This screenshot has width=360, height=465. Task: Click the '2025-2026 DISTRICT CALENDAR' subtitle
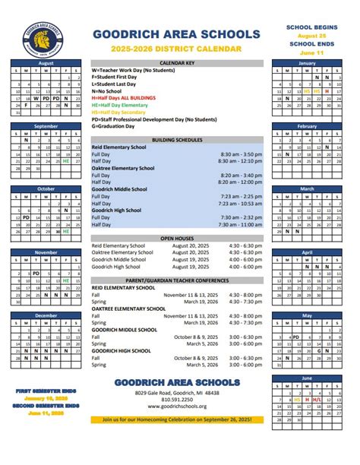coord(178,49)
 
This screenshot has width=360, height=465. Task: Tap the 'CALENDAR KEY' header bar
coord(177,62)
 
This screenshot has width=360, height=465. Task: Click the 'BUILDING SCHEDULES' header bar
coord(177,140)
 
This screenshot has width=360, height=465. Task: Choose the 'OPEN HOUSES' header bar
coord(177,239)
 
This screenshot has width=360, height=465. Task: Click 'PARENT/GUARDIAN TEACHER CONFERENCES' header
coord(177,280)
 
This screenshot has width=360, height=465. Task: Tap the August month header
coord(46,63)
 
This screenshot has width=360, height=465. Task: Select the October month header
coord(46,188)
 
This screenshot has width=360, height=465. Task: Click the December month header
coord(46,315)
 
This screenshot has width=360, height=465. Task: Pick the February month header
coord(307,126)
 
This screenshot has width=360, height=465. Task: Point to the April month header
coord(307,251)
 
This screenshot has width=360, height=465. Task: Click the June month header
coord(307,378)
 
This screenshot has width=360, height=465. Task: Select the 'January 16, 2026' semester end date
coord(46,398)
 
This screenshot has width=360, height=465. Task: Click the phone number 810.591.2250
coord(178,399)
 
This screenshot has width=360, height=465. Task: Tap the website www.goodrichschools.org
coord(178,406)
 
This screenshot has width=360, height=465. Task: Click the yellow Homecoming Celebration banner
coord(178,419)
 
